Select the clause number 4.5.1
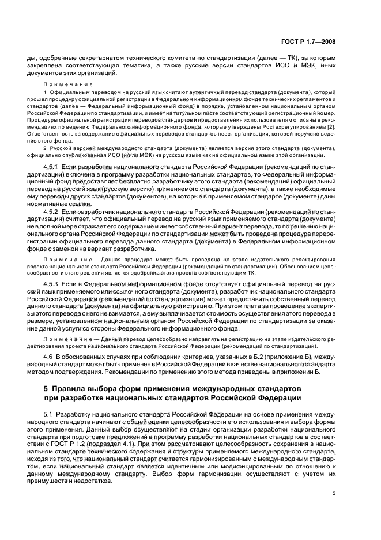[x=52, y=167]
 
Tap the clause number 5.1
[x=48, y=415]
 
